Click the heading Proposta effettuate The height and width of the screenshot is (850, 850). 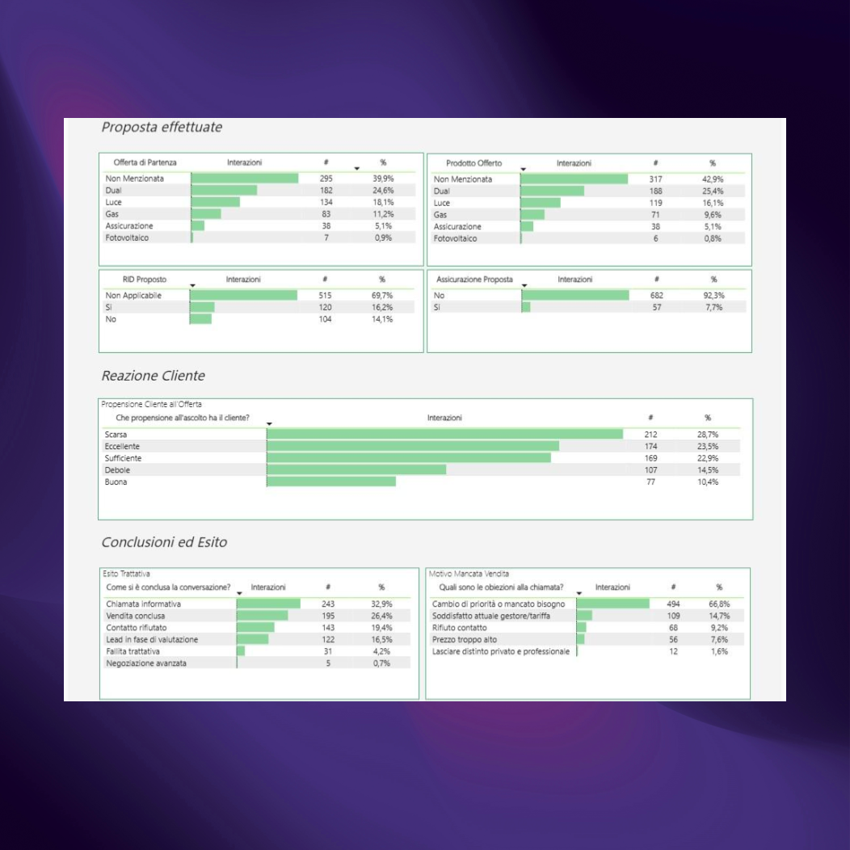[162, 128]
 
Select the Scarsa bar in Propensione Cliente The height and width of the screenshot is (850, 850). [444, 435]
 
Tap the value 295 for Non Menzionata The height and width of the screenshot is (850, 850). [326, 179]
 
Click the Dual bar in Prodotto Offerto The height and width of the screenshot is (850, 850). [553, 191]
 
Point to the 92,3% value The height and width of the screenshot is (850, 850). [713, 296]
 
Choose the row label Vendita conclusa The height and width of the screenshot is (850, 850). [136, 616]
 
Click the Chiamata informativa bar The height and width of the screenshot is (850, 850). [268, 604]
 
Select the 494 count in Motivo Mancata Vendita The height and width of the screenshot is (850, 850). [673, 604]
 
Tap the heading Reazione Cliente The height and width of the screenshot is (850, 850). [154, 377]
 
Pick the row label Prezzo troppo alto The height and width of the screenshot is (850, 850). [465, 640]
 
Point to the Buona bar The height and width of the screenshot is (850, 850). [331, 482]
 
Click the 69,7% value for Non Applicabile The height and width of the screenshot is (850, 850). [382, 296]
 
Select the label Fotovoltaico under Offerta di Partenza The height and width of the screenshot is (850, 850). [127, 238]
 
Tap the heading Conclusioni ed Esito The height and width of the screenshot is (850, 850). [164, 542]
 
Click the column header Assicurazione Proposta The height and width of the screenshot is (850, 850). [474, 280]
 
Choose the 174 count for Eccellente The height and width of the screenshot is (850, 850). [650, 447]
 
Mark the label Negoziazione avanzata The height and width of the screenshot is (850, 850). [145, 663]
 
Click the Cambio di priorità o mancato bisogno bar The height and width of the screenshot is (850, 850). [612, 604]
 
